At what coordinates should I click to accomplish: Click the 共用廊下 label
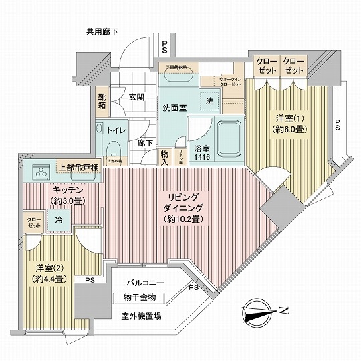pos(101,31)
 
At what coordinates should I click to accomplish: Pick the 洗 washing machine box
pos(209,102)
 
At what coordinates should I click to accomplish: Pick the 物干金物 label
pos(139,296)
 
